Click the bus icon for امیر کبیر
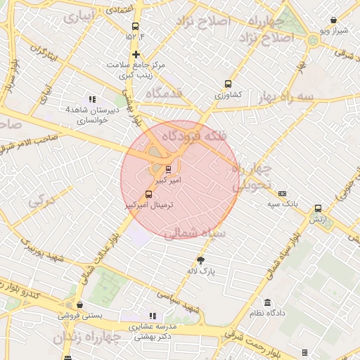167,169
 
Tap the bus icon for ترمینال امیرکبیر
148,194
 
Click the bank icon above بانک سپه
282,193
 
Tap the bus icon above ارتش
318,209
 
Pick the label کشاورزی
228,94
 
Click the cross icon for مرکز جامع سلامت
136,54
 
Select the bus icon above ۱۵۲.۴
135,27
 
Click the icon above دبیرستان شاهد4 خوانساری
91,99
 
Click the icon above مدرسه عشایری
153,316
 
